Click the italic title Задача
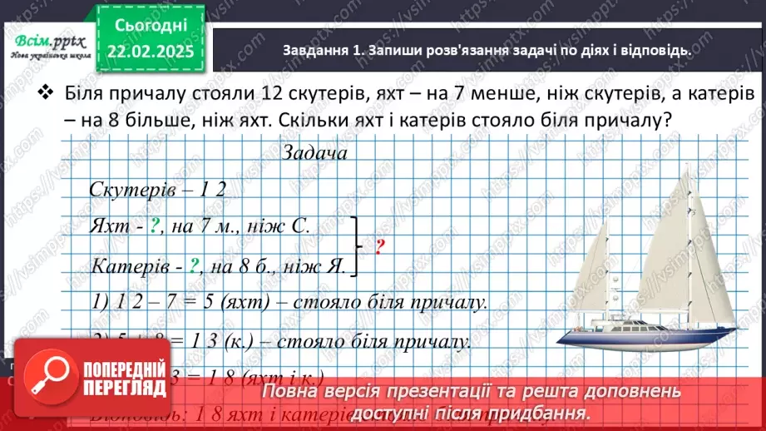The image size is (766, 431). pos(314,153)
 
